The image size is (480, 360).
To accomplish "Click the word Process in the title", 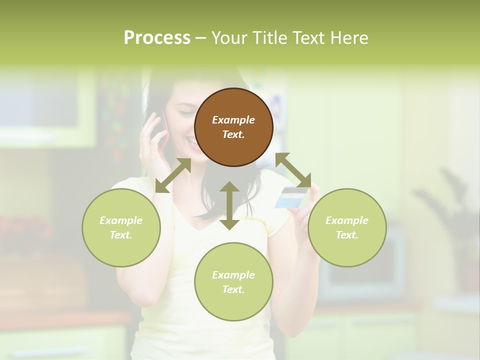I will [x=157, y=38].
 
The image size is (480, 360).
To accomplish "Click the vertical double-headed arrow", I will [x=229, y=205].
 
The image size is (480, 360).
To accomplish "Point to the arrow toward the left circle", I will [x=173, y=175].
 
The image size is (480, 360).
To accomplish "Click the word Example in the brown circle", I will [x=233, y=120].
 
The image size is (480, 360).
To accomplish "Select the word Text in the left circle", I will [x=121, y=235].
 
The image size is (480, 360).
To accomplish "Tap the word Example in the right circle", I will [x=347, y=220].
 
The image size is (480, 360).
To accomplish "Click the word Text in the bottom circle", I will [x=233, y=289].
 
